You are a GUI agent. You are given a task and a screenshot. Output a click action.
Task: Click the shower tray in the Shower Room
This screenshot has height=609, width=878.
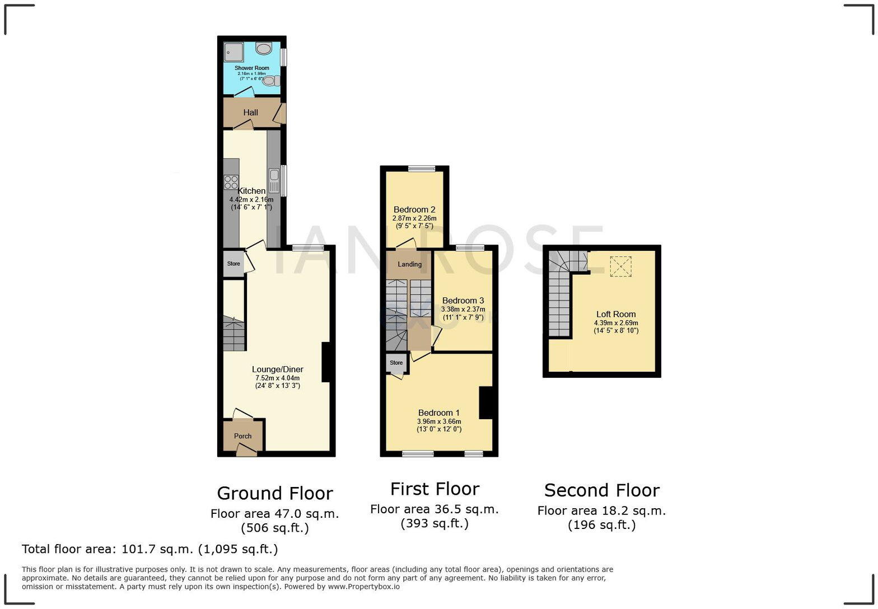pos(234,53)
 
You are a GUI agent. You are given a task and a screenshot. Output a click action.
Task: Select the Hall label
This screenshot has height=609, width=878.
pos(250,113)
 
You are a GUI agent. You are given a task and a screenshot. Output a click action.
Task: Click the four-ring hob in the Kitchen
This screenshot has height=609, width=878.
pos(231,182)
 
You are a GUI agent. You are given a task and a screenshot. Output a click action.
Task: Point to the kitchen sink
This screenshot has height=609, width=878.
pos(274,180)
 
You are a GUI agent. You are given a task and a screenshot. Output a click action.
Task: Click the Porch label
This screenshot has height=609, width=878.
pos(242,436)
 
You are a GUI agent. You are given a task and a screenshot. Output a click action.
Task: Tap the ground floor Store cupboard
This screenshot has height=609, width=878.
pos(233,264)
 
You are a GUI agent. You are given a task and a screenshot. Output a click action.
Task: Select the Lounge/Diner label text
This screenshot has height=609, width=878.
pos(277,369)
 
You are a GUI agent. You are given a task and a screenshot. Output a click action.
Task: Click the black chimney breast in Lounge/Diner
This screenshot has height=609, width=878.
pos(325,362)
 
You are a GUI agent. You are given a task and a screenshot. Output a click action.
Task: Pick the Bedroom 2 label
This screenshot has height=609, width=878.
pos(414,210)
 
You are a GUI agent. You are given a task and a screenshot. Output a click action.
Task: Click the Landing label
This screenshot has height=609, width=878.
pos(409,264)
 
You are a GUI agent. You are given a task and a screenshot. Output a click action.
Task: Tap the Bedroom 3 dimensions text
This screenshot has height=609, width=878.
pos(463,313)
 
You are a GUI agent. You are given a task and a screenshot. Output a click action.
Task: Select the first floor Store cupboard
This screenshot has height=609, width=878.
pos(396,363)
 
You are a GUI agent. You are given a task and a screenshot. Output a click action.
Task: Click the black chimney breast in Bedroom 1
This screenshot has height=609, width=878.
pos(485,402)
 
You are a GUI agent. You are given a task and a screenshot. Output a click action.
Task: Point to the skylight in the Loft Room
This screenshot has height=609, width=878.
pos(620,266)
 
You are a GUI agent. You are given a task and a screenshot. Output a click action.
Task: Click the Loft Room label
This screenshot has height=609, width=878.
pos(615,314)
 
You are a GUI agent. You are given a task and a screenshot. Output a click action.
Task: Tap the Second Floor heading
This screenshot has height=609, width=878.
pos(601,490)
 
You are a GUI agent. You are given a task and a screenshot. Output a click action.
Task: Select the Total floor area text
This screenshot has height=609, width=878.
pos(150,549)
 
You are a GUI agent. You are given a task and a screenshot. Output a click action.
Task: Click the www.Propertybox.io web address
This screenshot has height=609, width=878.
pos(363,587)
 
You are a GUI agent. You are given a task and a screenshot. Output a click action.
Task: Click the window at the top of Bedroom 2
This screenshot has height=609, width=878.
pos(422,168)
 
